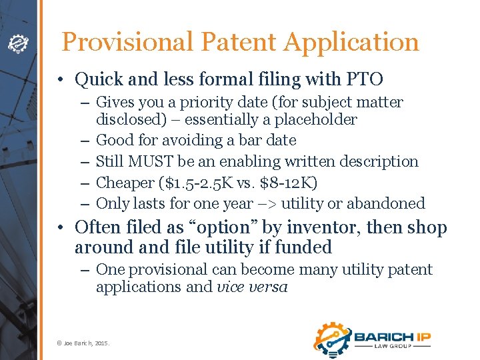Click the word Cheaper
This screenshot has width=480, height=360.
click(x=124, y=182)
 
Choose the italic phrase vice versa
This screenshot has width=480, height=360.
click(x=252, y=288)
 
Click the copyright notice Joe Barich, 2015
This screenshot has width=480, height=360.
click(x=83, y=343)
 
